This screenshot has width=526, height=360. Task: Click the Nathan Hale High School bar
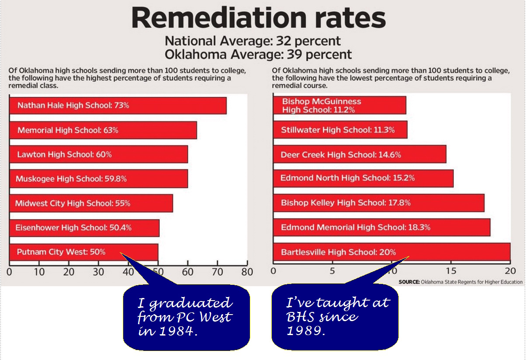(118, 106)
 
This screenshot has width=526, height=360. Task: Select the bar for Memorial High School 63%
(103, 130)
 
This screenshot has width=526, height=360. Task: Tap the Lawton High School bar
(98, 154)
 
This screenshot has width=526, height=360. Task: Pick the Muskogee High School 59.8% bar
(98, 179)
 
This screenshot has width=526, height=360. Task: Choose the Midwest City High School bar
(91, 203)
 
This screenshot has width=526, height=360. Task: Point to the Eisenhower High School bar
(84, 228)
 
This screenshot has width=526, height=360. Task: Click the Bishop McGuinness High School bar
(339, 106)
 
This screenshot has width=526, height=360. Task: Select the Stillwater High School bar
(340, 130)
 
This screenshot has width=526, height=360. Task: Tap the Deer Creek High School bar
(359, 154)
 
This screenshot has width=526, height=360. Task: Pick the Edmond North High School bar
(363, 178)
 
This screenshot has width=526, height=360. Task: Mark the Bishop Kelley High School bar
(378, 203)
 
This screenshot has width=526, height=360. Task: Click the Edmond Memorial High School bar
(381, 227)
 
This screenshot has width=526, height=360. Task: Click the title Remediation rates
(259, 18)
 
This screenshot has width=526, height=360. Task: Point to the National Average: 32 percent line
(253, 42)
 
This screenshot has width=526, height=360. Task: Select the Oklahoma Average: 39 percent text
(258, 55)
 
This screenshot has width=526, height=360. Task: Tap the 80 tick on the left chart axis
(247, 272)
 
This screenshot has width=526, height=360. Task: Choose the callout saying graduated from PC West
(186, 317)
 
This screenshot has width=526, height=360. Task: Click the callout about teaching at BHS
(336, 317)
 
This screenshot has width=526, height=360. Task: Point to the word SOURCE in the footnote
(409, 282)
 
